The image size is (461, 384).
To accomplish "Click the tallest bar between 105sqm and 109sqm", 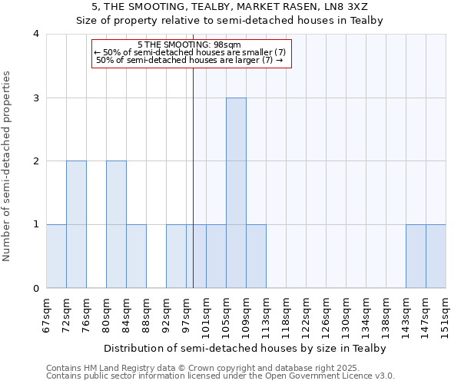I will (236, 193).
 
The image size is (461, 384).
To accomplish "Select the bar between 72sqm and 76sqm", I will (76, 224).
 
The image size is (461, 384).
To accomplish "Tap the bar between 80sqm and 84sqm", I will (116, 224).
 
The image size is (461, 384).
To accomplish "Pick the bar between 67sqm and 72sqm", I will (56, 256).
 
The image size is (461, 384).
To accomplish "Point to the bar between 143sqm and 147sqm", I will (416, 256).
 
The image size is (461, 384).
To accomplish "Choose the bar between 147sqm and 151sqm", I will (436, 256).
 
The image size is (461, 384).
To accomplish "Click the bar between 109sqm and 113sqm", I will (256, 256).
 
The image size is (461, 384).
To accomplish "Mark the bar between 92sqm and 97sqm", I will (176, 256).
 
